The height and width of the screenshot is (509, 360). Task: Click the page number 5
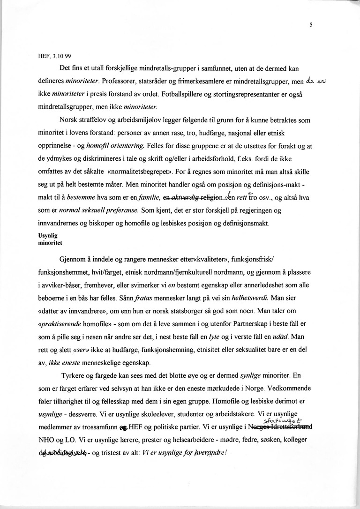coord(311,26)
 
